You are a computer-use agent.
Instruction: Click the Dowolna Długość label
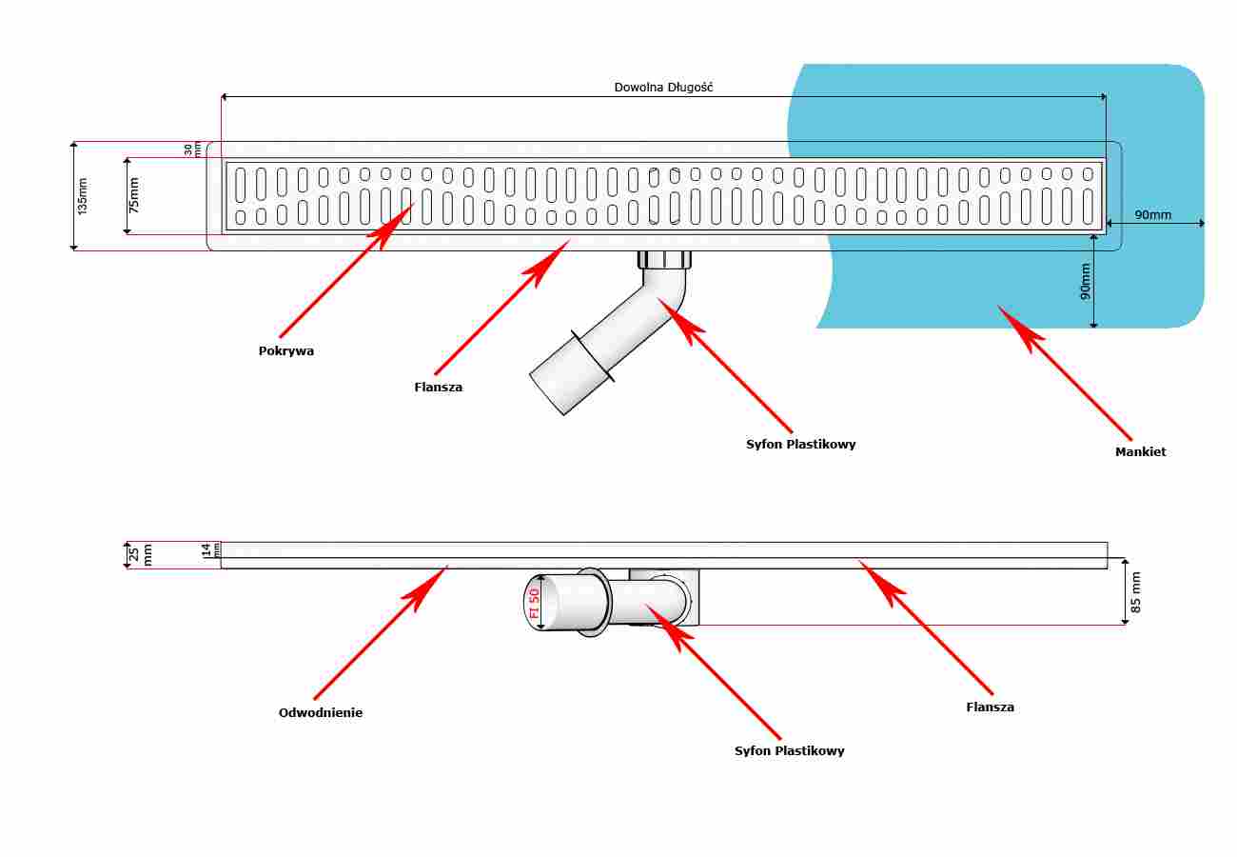pos(663,87)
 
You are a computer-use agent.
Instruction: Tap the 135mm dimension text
pos(82,196)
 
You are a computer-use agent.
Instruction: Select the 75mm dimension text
pos(133,195)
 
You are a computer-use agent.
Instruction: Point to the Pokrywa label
pos(286,350)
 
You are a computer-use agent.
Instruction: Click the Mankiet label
pos(1140,451)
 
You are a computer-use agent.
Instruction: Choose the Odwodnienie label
pos(321,712)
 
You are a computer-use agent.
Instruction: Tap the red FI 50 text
pos(534,603)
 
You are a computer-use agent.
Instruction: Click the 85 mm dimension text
pos(1135,591)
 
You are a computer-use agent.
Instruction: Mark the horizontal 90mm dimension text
pos(1152,214)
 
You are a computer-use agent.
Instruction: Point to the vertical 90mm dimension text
pos(1085,281)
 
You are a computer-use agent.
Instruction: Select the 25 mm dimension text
pos(140,554)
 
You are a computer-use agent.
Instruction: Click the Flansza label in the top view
pos(439,387)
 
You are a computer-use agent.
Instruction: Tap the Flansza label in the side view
pos(990,707)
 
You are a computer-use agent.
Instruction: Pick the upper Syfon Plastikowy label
pos(801,445)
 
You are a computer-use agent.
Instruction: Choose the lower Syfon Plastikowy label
pos(789,751)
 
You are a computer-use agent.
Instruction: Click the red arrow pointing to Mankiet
pos(1064,373)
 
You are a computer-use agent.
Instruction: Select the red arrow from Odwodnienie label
pos(381,632)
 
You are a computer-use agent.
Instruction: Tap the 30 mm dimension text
pos(192,149)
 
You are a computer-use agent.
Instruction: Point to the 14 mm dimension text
pos(210,549)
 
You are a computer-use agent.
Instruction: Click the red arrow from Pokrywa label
pos(346,270)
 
